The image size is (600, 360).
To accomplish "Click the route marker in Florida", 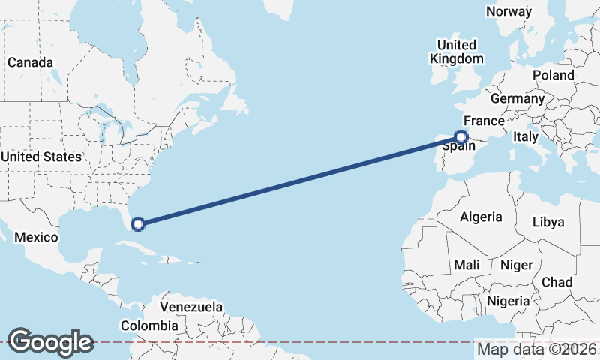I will point(138,223).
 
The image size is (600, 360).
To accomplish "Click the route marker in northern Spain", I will point(461,136).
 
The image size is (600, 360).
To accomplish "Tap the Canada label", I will point(30,62).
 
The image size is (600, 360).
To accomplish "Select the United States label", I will point(40,157).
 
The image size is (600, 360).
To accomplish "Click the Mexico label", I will point(37,237).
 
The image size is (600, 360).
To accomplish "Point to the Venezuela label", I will point(191,307).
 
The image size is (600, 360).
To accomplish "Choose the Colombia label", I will point(149,325).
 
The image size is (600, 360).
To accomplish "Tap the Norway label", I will point(508,11).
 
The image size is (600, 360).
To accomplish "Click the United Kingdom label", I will point(456,52).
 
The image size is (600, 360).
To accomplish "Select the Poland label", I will point(553,75).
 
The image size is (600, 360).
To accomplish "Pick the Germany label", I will point(517,99).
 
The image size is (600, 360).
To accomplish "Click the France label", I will point(483,121).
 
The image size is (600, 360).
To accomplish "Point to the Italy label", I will point(525,137).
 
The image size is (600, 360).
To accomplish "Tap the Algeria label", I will point(481,217).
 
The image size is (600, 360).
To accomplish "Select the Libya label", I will point(547,223).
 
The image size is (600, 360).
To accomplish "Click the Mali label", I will point(466,265).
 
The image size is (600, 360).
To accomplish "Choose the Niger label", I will point(515,265).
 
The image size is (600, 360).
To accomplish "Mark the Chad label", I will point(556,282).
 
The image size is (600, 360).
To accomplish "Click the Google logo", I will point(50,341).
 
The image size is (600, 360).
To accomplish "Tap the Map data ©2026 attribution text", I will point(537,349).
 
